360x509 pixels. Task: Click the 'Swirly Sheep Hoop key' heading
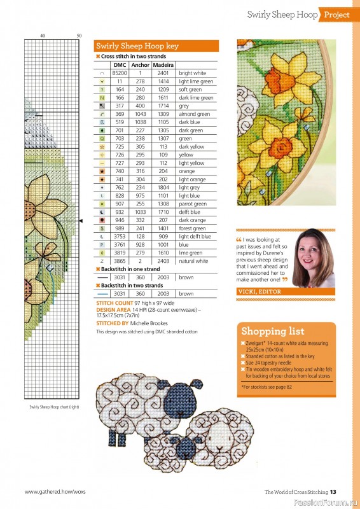coord(137,46)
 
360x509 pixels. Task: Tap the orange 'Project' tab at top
coord(336,15)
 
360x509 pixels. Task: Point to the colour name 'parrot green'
coord(193,204)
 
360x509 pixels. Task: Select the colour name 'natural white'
coord(193,261)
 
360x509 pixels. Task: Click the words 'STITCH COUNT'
coord(110,304)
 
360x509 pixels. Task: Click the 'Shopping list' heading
coord(272,331)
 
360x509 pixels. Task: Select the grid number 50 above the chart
coord(79,35)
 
